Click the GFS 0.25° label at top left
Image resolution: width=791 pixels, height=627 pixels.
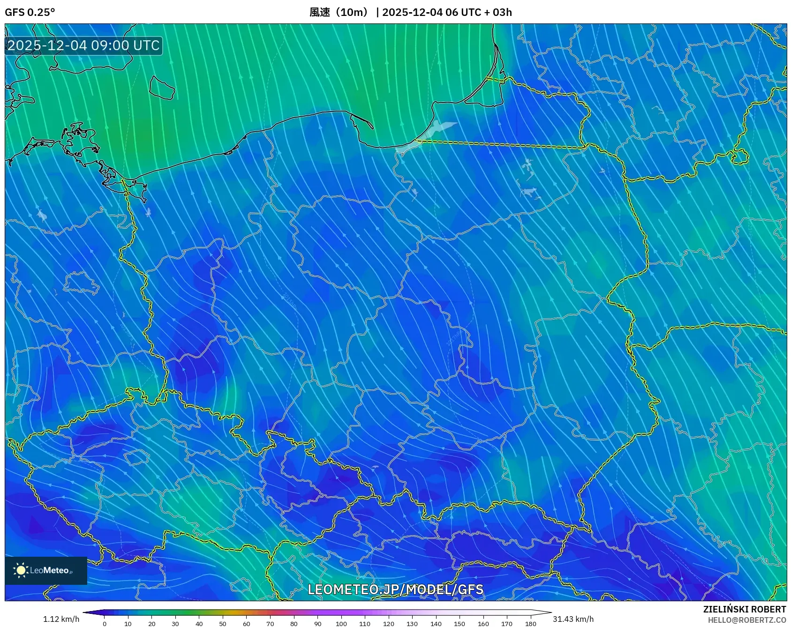30,12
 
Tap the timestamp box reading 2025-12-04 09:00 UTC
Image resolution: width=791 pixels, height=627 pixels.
83,45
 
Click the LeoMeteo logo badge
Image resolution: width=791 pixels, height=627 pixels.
46,570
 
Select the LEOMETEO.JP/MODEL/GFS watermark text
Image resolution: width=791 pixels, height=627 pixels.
395,589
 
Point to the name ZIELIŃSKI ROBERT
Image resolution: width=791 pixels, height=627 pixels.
744,609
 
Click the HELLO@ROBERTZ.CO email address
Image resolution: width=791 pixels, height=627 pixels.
746,620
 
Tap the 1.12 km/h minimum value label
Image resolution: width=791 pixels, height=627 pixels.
61,619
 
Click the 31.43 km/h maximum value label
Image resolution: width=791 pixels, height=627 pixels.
573,619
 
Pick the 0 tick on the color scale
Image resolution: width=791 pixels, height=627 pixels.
105,623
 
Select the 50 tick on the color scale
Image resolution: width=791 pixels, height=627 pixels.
223,623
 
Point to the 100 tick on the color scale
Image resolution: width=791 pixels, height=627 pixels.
341,623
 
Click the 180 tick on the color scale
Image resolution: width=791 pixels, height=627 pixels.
530,623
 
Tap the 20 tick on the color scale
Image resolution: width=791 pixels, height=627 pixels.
152,623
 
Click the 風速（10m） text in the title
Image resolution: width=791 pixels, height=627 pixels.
339,12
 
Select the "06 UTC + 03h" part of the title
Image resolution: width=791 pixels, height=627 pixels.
478,12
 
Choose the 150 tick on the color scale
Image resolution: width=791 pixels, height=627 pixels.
460,623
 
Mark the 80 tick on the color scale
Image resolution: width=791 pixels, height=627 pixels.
294,623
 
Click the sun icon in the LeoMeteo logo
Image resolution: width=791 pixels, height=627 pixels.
21,570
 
